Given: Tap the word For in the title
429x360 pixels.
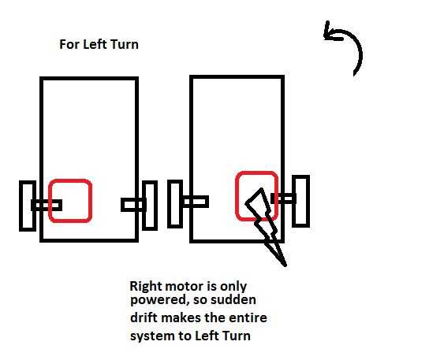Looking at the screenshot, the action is tap(69, 44).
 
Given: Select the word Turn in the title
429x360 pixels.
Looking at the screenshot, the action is tap(125, 44).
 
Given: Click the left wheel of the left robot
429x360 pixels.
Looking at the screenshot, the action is tap(28, 206).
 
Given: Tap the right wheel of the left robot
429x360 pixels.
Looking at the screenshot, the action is tap(150, 205).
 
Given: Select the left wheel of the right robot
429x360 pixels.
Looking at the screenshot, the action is tap(175, 204).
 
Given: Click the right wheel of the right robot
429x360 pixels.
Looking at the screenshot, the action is tap(301, 201).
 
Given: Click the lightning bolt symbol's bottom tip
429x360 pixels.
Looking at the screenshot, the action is tap(285, 265).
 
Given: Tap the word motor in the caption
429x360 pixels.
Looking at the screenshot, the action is tap(184, 286).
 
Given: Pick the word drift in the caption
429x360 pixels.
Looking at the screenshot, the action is tap(144, 317).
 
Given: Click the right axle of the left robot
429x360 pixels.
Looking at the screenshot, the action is tap(133, 205).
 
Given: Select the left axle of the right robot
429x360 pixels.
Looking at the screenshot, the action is tap(196, 202).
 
